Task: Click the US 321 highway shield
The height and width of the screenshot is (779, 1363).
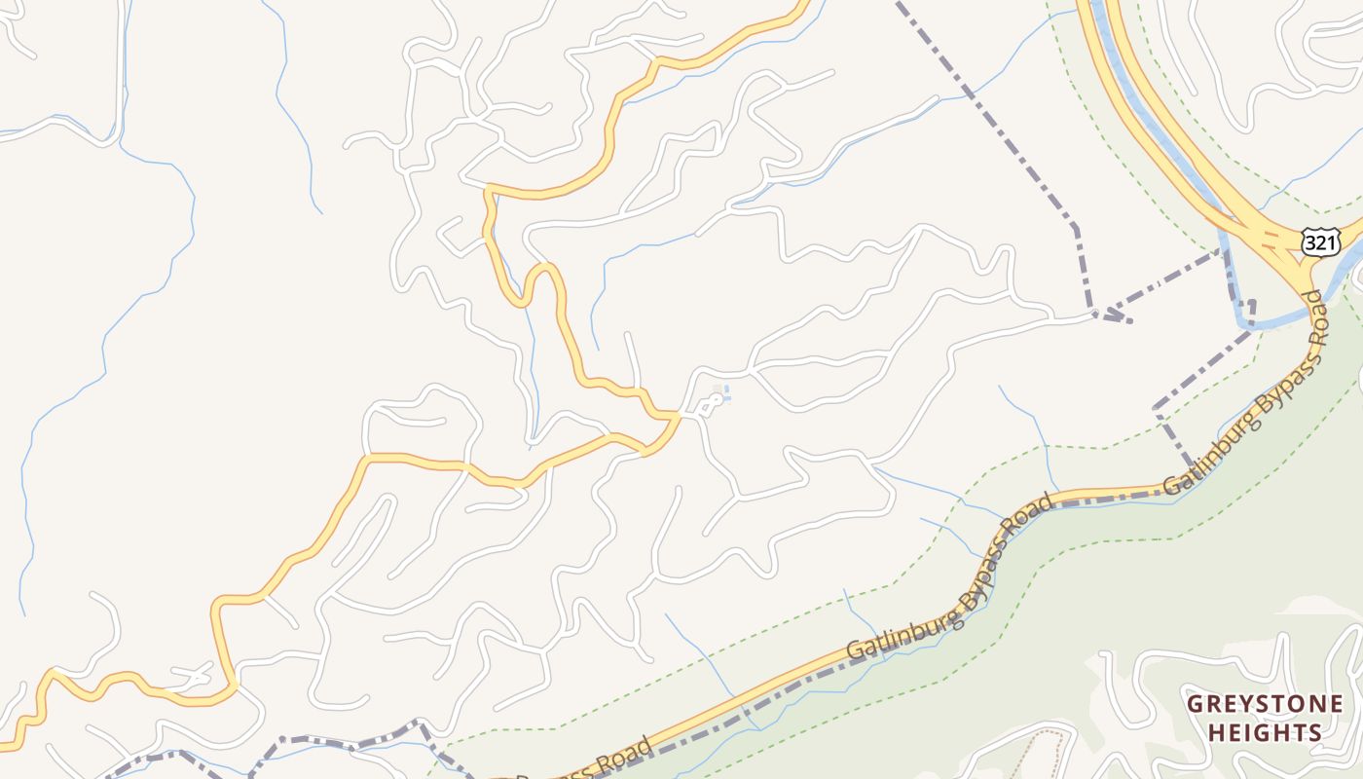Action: pos(1319,242)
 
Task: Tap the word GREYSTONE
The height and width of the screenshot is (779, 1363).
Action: pos(1265,704)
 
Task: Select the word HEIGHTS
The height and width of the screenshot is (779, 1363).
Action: pos(1265,732)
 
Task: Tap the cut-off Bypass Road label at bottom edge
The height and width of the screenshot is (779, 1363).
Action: pos(584,764)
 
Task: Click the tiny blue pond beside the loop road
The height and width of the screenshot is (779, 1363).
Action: pos(725,393)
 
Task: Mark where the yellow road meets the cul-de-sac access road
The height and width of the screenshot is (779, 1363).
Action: pos(678,417)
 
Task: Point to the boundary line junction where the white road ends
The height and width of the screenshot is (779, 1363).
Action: pos(1097,313)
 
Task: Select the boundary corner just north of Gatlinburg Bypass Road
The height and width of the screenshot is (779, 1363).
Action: pos(1157,409)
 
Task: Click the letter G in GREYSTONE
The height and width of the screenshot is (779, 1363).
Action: pos(1195,704)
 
